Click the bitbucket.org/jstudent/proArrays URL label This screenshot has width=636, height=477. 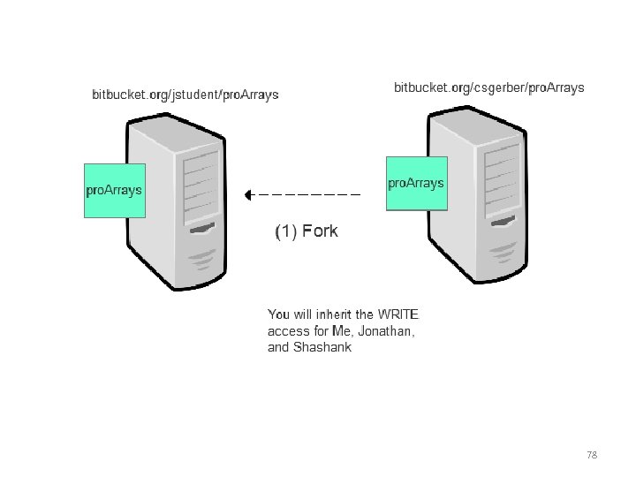pos(185,95)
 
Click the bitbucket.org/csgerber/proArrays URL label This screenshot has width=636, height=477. pos(488,87)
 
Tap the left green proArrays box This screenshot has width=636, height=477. pos(114,190)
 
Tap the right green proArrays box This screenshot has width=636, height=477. pos(417,184)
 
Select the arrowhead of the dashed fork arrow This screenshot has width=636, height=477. pos(250,193)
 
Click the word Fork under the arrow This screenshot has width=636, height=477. pos(320,231)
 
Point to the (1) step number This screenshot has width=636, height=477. pos(285,231)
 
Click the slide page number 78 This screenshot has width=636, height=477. pos(592,455)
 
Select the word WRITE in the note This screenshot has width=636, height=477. pos(398,314)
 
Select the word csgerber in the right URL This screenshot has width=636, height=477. pos(499,87)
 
